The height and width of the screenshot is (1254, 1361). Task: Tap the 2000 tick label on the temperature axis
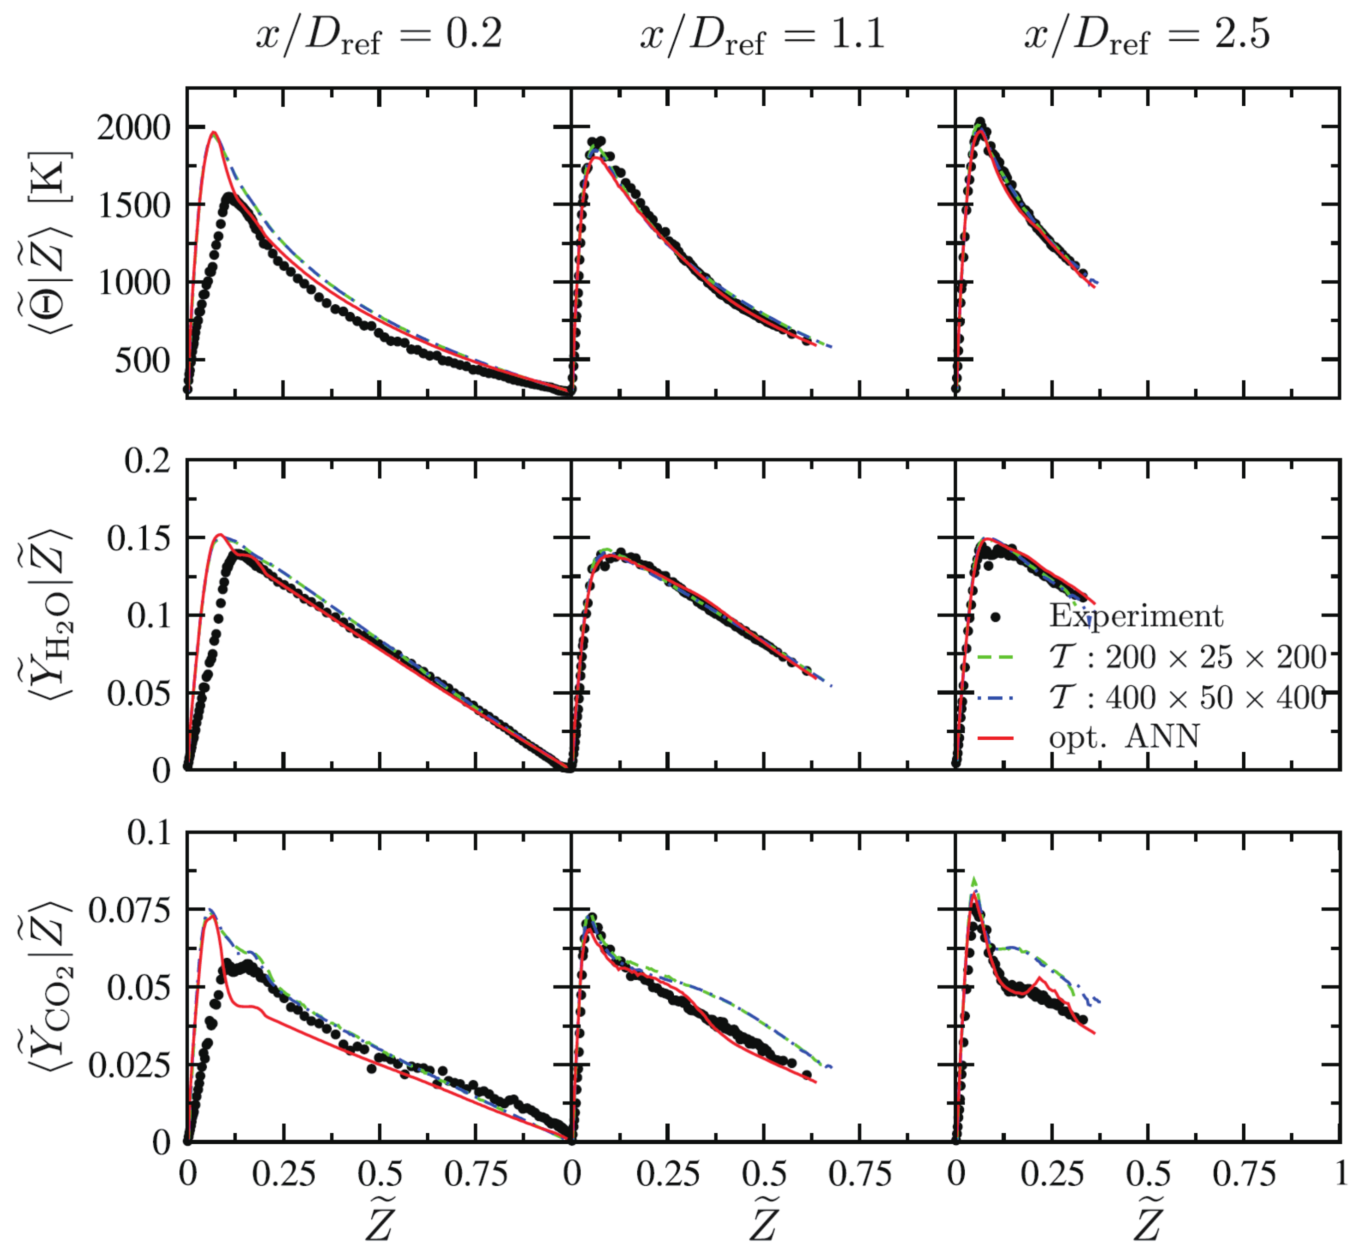tap(134, 128)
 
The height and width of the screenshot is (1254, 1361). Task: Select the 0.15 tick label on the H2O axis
tap(138, 539)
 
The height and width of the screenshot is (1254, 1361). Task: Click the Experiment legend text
tap(1135, 616)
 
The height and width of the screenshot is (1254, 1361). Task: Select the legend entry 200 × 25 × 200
tap(1188, 657)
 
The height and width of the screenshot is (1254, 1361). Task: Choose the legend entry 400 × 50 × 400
tap(1188, 697)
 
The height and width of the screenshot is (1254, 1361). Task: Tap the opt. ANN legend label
tap(1124, 737)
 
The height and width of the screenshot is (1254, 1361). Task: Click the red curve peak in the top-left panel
tap(214, 133)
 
